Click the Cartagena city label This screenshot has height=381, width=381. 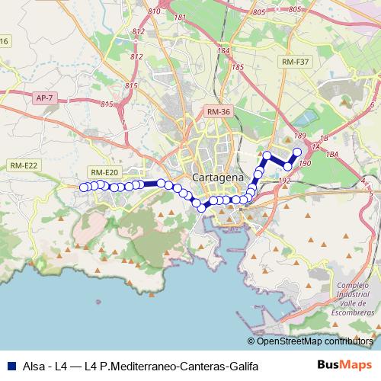[x=218, y=177]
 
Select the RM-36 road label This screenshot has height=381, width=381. [x=217, y=112]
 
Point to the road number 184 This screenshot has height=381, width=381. [x=224, y=51]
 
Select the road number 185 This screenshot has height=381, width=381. [x=237, y=67]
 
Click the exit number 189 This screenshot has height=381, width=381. [x=299, y=136]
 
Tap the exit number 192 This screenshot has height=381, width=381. [x=284, y=181]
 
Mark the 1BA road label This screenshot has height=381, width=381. [x=331, y=154]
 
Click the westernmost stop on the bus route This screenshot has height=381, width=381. [x=83, y=186]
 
